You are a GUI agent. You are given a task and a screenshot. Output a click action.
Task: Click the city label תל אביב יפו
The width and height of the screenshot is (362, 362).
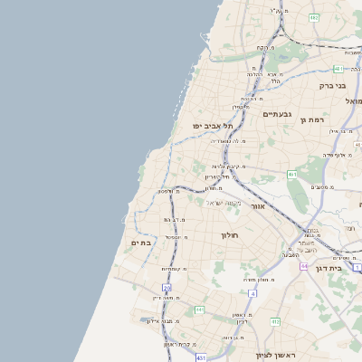[213, 125]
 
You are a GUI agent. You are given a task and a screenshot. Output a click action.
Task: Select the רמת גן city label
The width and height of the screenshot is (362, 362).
[314, 120]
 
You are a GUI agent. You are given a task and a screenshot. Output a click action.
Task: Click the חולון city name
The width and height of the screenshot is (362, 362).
[229, 235]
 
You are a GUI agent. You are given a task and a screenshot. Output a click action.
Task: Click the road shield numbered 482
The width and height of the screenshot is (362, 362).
[313, 17]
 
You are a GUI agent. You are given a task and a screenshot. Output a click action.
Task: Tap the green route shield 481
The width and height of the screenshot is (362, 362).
[338, 69]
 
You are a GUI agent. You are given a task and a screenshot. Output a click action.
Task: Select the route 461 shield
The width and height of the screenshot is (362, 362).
[291, 174]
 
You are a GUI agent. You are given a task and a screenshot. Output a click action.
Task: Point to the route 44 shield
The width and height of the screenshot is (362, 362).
[305, 267]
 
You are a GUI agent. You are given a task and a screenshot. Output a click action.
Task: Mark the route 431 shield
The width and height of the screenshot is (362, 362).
[200, 359]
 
